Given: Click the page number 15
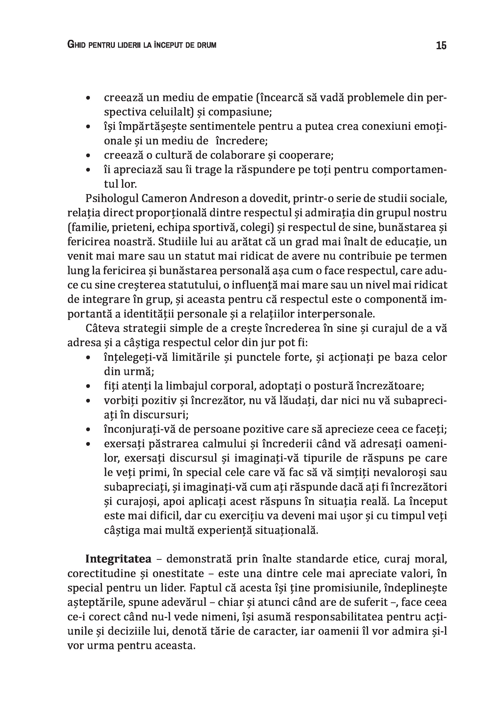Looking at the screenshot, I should tap(441, 45).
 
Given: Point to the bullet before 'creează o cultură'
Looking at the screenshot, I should tap(88, 156).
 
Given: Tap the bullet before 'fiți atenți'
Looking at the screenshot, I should tap(88, 387).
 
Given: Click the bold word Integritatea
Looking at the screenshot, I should tap(119, 559).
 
